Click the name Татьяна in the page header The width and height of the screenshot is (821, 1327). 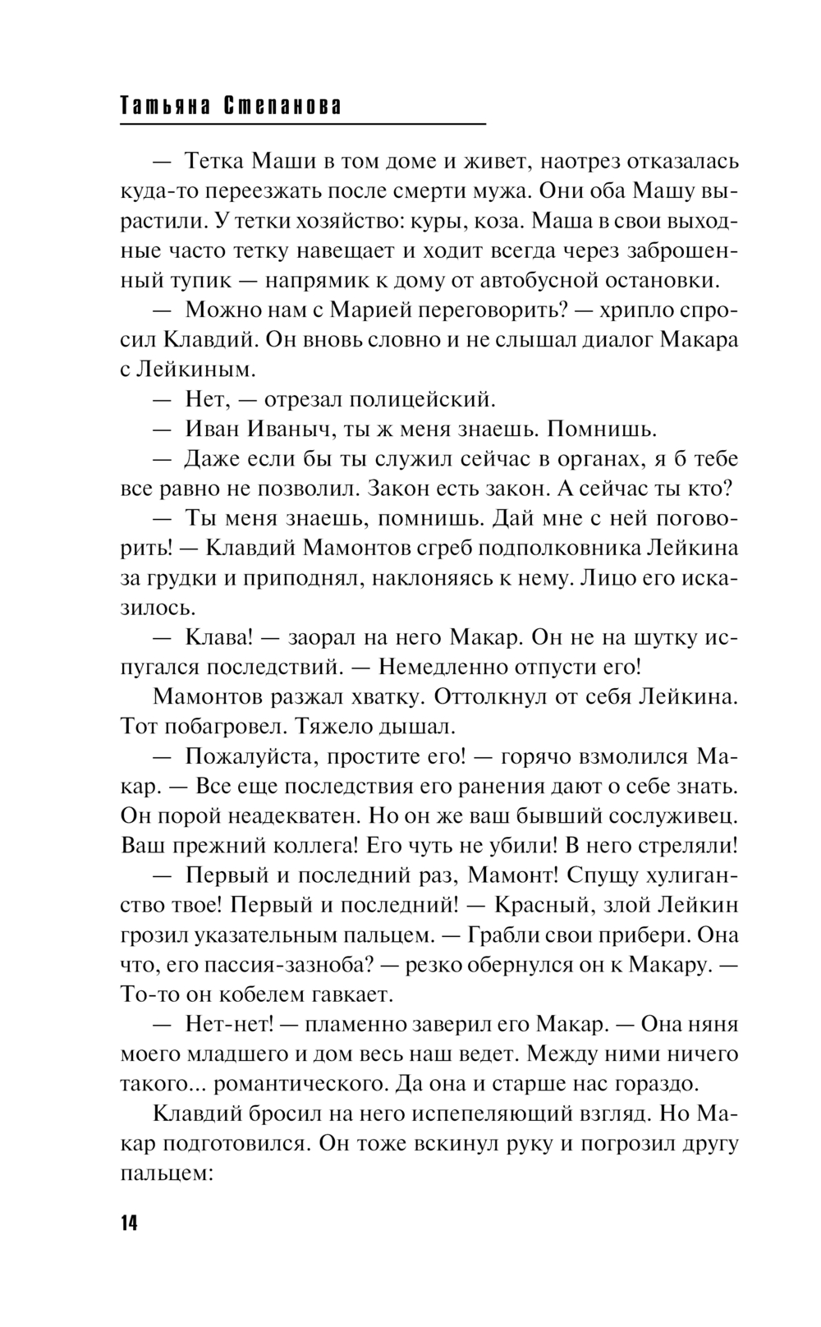point(162,107)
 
